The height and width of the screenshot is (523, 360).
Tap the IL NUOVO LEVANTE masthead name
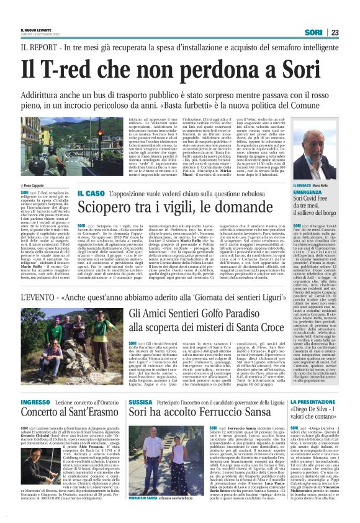tap(36, 28)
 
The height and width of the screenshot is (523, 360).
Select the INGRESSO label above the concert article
tap(34, 403)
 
